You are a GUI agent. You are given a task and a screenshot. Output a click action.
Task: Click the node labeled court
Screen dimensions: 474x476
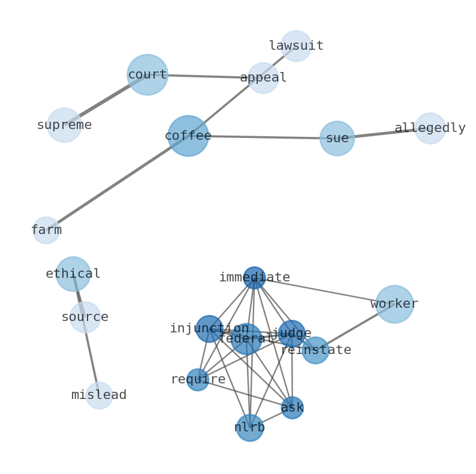(x=147, y=75)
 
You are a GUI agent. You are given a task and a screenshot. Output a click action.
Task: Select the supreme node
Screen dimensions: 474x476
(x=64, y=125)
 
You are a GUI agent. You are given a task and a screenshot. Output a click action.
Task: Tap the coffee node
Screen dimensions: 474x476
(x=188, y=136)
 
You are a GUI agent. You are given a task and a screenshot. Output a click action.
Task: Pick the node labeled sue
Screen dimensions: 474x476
(x=337, y=139)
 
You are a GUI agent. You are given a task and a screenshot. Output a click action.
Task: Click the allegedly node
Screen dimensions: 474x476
(x=430, y=128)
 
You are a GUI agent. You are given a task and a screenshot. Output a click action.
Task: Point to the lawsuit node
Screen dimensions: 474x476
(x=296, y=46)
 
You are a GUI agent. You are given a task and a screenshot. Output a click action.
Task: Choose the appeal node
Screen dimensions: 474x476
(x=263, y=78)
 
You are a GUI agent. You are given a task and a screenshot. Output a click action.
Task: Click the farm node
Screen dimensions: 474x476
(x=46, y=230)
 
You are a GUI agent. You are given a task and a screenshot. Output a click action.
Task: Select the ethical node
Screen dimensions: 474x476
(x=73, y=274)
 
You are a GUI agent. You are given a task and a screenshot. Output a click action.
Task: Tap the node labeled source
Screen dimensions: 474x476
(x=85, y=317)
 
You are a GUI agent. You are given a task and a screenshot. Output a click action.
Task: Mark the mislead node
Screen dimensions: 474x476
(x=99, y=395)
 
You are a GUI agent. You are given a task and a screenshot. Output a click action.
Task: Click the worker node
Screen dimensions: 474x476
(x=394, y=304)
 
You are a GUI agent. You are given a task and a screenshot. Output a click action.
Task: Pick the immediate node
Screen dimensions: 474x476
(x=254, y=278)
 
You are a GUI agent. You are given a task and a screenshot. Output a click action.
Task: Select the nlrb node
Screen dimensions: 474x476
(x=249, y=428)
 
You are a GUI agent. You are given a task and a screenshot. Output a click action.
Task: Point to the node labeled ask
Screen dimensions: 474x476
(x=292, y=408)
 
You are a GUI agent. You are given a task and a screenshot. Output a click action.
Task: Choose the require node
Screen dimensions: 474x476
(x=197, y=380)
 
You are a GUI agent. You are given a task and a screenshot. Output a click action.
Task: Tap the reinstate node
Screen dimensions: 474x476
(x=315, y=350)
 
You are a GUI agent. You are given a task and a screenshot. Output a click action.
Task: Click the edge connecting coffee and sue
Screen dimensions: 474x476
(x=264, y=137)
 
